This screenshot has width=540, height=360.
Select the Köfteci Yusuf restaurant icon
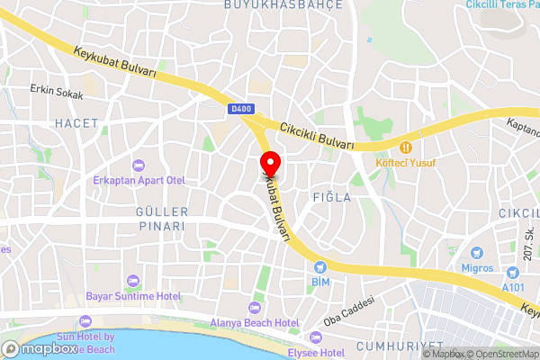click(406, 146)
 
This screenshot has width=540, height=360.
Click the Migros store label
click(475, 268)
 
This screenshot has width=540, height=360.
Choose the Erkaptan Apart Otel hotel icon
click(138, 165)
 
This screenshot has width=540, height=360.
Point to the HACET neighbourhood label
click(76, 122)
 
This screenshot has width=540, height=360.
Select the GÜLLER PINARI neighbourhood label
click(162, 219)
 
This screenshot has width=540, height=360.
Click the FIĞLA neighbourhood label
click(332, 196)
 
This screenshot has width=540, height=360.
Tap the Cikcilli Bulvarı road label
click(316, 136)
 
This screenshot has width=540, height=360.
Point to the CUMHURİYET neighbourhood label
click(400, 346)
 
